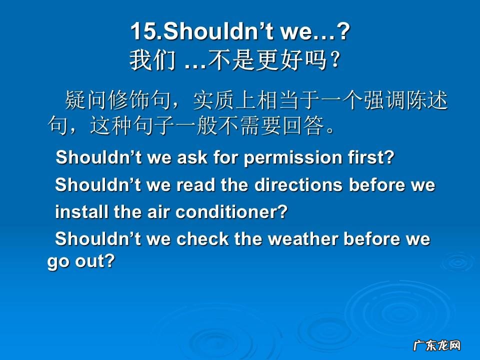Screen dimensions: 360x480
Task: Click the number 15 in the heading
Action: [143, 32]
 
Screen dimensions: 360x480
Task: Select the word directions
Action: [298, 185]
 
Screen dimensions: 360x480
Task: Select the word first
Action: [370, 157]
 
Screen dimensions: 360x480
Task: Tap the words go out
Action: [81, 261]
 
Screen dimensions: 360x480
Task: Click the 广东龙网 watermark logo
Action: [436, 345]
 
